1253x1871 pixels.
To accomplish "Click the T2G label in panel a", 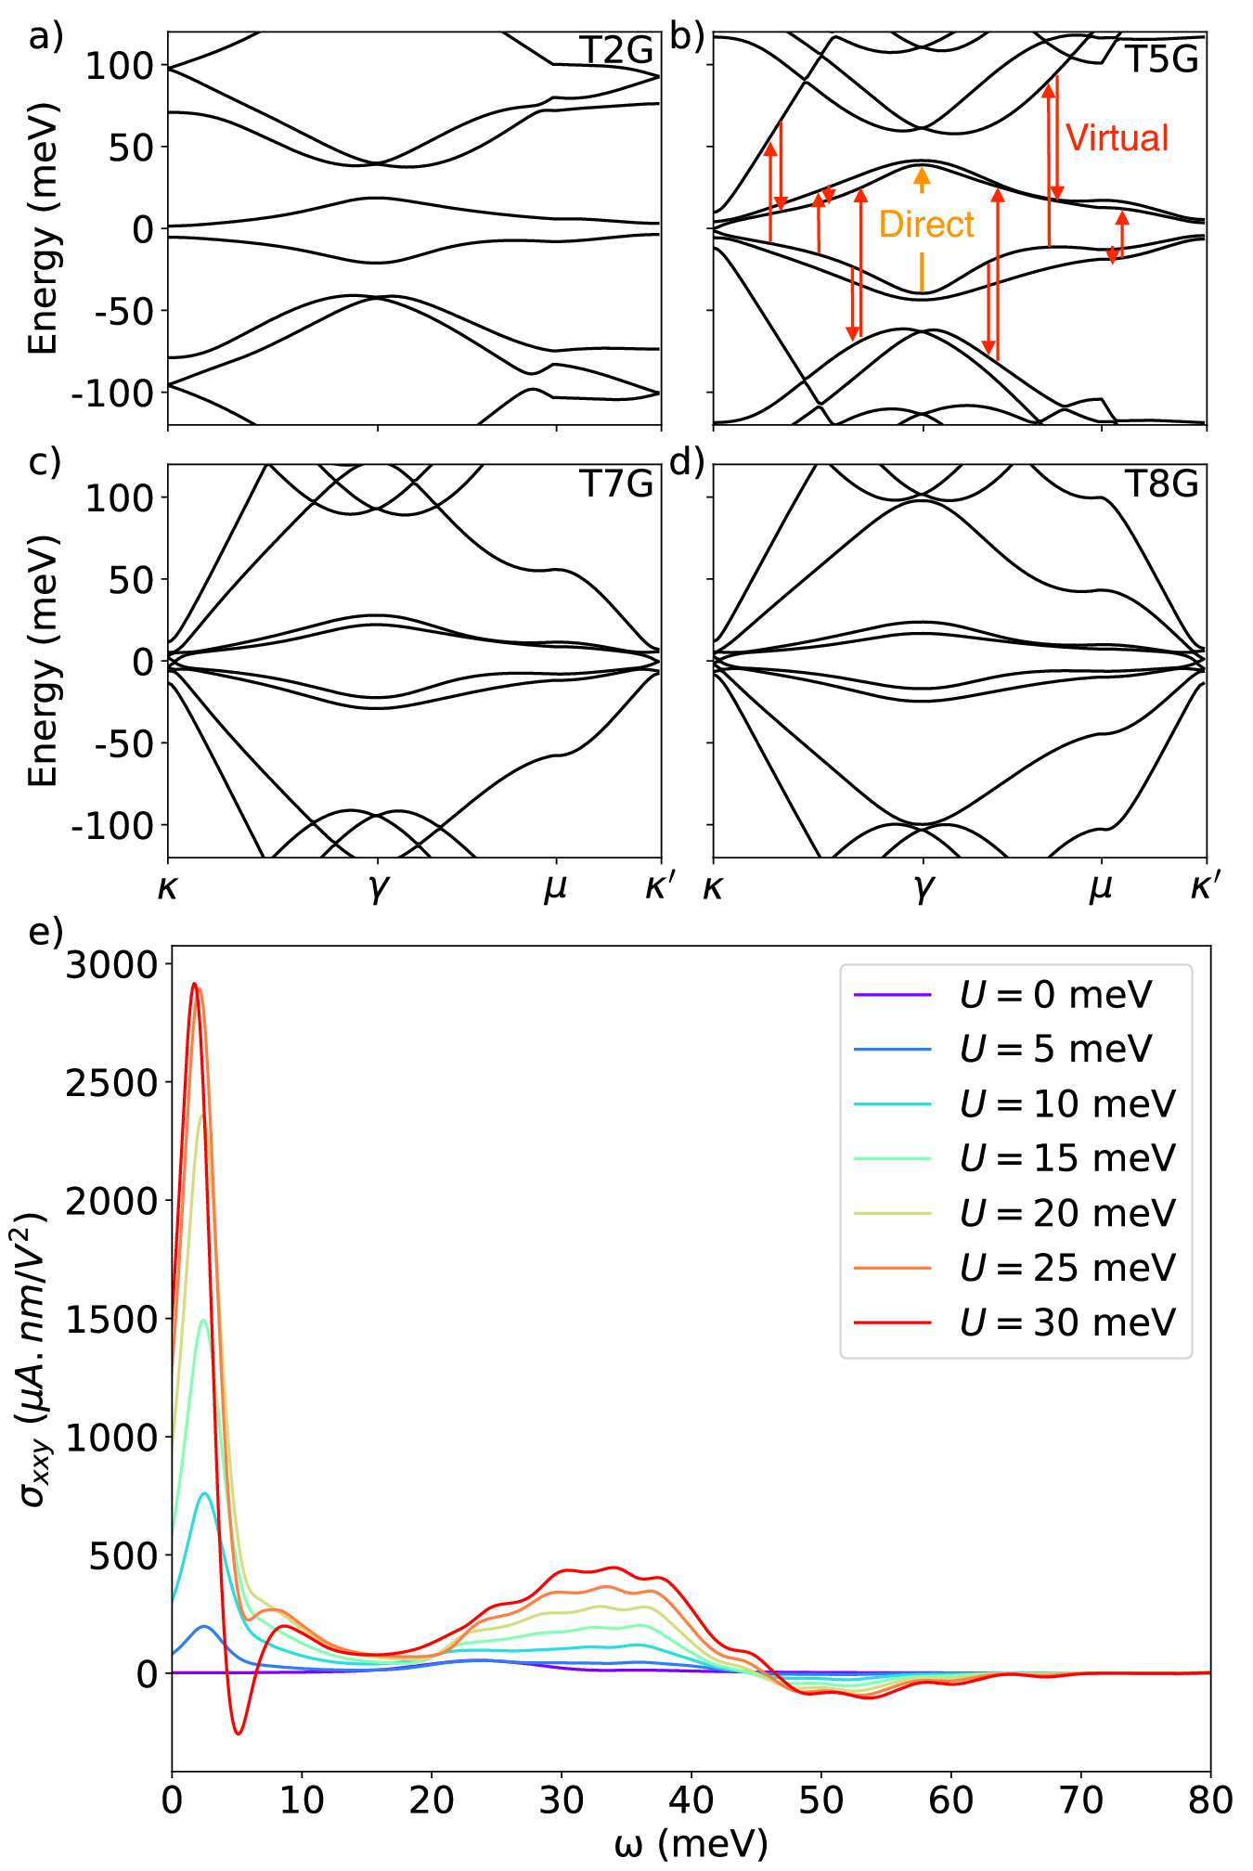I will (x=616, y=51).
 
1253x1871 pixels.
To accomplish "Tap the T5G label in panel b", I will (x=1162, y=59).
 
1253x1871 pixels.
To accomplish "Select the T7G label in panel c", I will (x=616, y=484).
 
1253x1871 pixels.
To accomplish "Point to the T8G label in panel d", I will (x=1162, y=484).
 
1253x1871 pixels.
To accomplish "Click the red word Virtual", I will (x=1117, y=138).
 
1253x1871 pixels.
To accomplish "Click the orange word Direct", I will (x=926, y=225).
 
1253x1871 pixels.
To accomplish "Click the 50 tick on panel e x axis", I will (x=820, y=1801).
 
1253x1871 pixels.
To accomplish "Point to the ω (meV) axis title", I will (x=691, y=1845).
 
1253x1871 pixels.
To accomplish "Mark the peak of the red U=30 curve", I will (x=194, y=984).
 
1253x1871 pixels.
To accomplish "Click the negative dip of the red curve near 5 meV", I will (x=239, y=1733).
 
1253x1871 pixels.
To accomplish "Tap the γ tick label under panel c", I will (x=378, y=888).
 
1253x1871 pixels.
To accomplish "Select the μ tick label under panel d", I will (x=1101, y=888).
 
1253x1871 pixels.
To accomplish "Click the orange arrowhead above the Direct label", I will (x=922, y=174).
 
